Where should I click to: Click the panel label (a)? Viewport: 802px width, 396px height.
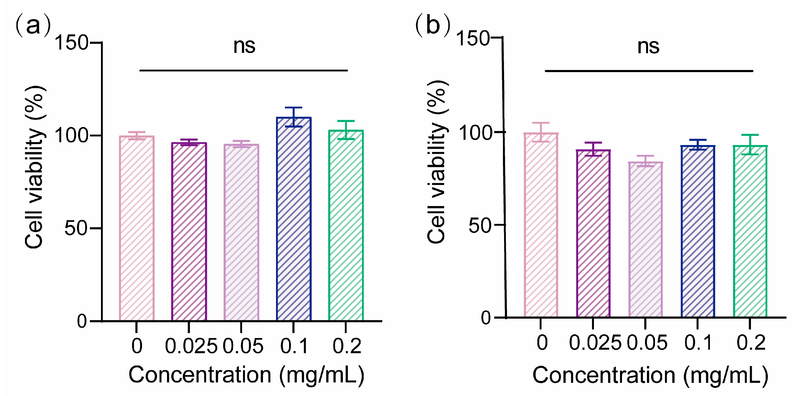33,26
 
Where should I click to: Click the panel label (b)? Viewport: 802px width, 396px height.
433,26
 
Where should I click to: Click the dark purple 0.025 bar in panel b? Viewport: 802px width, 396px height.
593,233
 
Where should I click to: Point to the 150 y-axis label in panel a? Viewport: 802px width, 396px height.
72,43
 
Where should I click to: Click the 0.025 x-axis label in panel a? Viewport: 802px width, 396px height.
191,346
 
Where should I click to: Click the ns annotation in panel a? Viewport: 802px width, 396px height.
244,46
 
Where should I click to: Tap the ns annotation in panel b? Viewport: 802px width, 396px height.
648,47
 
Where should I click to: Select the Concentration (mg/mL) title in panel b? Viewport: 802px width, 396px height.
650,375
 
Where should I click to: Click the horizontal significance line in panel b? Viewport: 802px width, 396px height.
649,71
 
